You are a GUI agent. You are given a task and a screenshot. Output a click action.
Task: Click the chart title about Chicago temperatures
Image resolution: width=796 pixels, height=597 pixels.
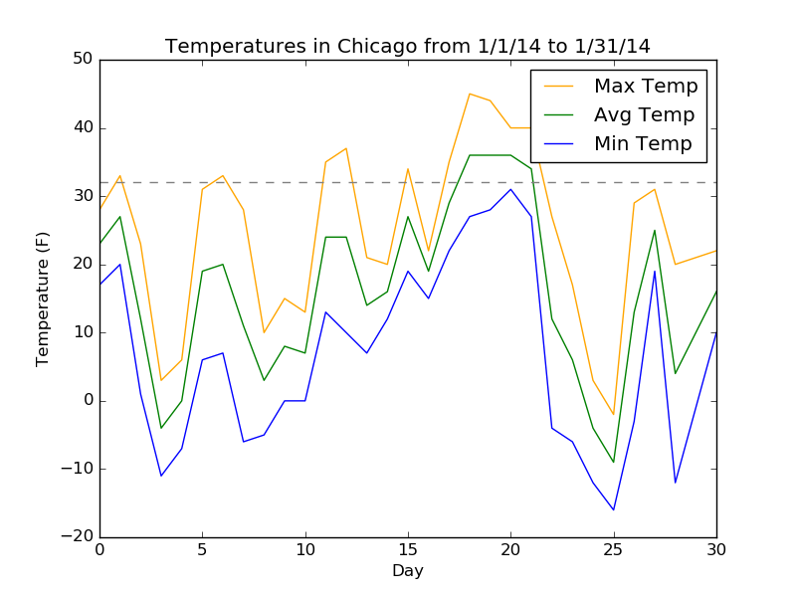click(x=408, y=47)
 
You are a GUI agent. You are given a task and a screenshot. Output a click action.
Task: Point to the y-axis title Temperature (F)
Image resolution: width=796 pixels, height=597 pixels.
click(x=43, y=298)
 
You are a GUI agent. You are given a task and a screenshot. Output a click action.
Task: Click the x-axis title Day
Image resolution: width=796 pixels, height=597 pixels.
click(x=408, y=571)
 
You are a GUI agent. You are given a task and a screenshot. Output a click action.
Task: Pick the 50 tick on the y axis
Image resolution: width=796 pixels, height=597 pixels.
click(x=82, y=60)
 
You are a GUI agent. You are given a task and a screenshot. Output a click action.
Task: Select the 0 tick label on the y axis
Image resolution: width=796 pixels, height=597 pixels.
click(x=88, y=401)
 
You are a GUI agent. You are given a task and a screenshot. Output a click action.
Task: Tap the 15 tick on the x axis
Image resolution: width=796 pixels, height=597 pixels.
click(x=408, y=550)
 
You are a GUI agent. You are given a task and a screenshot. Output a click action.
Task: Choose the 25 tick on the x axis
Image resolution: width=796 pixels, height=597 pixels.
click(x=614, y=550)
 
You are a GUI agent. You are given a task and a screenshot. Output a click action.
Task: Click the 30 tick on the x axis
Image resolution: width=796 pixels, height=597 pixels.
click(x=716, y=550)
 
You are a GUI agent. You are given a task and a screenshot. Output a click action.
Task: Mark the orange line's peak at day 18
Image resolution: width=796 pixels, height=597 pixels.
click(x=470, y=94)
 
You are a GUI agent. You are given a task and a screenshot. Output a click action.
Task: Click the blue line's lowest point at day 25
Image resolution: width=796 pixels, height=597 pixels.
click(x=614, y=509)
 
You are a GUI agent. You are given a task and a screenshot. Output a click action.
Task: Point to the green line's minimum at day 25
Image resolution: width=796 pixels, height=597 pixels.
click(x=614, y=462)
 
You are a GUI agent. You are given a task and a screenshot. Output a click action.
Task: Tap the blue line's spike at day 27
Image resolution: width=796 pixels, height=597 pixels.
click(x=655, y=271)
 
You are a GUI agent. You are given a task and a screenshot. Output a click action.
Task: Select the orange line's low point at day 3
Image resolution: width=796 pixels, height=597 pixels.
click(x=161, y=380)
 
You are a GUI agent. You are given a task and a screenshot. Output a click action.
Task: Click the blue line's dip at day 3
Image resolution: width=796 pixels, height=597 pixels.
click(x=161, y=476)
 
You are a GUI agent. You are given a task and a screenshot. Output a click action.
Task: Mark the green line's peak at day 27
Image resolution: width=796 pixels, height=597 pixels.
click(x=655, y=230)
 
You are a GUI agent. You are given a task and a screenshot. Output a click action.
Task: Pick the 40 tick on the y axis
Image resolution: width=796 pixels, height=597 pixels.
click(x=82, y=128)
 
